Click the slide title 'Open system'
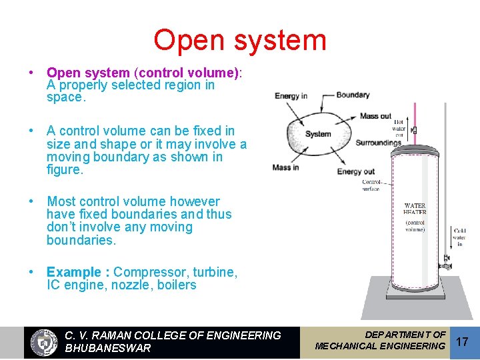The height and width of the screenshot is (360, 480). pyautogui.click(x=240, y=40)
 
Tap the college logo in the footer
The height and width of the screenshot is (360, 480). pyautogui.click(x=45, y=342)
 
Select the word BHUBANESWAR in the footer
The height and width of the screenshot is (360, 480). pyautogui.click(x=108, y=348)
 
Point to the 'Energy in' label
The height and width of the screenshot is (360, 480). pyautogui.click(x=291, y=96)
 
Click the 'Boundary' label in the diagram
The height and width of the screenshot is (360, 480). pyautogui.click(x=353, y=95)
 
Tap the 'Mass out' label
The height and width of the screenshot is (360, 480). pyautogui.click(x=375, y=116)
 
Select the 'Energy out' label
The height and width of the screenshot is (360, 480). pyautogui.click(x=355, y=171)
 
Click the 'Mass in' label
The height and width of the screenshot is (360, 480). pyautogui.click(x=286, y=167)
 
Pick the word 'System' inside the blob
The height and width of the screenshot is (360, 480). pyautogui.click(x=318, y=134)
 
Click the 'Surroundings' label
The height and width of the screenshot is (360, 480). pyautogui.click(x=378, y=143)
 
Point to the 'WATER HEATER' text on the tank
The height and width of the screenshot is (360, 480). pyautogui.click(x=415, y=209)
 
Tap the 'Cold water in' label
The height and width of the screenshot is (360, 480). pyautogui.click(x=459, y=237)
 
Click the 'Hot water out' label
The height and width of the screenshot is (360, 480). pyautogui.click(x=399, y=129)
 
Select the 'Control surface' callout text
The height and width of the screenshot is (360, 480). pyautogui.click(x=371, y=185)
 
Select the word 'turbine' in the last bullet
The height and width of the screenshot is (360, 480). pyautogui.click(x=216, y=272)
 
